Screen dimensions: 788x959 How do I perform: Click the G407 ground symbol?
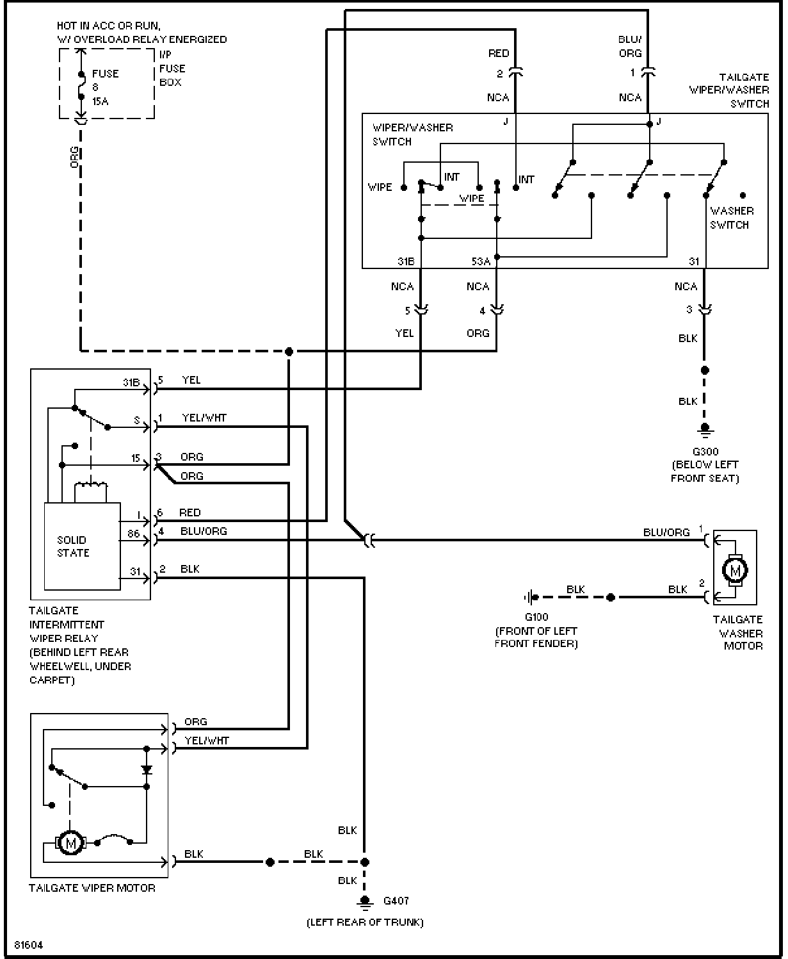pos(364,902)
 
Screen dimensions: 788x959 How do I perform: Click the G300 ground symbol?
pos(705,430)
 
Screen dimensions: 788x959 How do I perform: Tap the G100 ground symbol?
pos(531,597)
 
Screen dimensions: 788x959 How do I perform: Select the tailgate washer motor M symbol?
pos(735,570)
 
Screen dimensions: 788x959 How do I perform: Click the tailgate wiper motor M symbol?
pos(70,842)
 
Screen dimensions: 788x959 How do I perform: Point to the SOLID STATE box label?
pos(73,546)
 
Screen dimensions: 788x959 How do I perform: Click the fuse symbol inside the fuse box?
pos(81,85)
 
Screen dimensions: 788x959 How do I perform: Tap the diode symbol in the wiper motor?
pos(147,770)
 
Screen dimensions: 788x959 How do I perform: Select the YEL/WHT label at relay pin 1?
pos(204,418)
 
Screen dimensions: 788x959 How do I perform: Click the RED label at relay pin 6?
pos(189,512)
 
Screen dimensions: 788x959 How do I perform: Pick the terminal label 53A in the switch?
pos(481,261)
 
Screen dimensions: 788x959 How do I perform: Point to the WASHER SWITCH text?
pos(732,218)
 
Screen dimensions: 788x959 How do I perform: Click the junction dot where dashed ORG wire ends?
pos(289,352)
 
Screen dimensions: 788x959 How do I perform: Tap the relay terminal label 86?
pos(134,533)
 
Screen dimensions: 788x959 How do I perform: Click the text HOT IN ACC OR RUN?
pos(109,26)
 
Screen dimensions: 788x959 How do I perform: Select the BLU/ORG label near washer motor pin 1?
pos(666,532)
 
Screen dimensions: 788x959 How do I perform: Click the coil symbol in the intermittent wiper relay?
pos(91,486)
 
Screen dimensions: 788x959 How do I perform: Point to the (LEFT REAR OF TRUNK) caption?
pos(365,922)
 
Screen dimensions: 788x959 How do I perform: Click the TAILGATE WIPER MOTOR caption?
pos(92,888)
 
